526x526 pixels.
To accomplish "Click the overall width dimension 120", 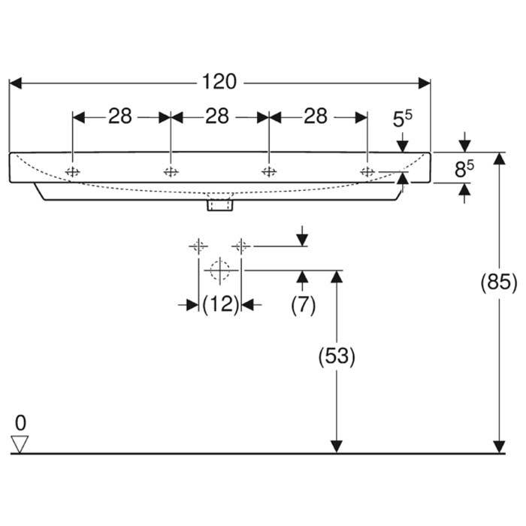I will (219, 81).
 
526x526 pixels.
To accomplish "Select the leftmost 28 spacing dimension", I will (120, 116).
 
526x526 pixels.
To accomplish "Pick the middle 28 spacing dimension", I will (217, 116).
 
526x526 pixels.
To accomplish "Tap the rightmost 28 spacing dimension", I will (316, 116).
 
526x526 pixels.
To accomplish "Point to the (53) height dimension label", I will (337, 357).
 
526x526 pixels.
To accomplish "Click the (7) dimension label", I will (302, 304).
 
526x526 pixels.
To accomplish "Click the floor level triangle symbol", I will (20, 445).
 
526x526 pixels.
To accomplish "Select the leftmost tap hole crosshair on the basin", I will (73, 172).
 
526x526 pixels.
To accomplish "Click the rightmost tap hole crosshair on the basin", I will (367, 172).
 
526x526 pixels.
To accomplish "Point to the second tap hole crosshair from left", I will (171, 172).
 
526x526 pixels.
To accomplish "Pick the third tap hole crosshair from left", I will (268, 172).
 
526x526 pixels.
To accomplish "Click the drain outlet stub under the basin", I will (220, 203).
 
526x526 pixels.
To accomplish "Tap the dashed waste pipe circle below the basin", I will (219, 269).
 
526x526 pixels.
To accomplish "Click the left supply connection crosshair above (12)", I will (198, 245).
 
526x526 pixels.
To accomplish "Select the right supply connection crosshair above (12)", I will (240, 245).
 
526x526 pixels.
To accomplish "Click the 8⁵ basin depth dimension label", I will (464, 169).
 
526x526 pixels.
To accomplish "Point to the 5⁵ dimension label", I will (403, 119).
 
